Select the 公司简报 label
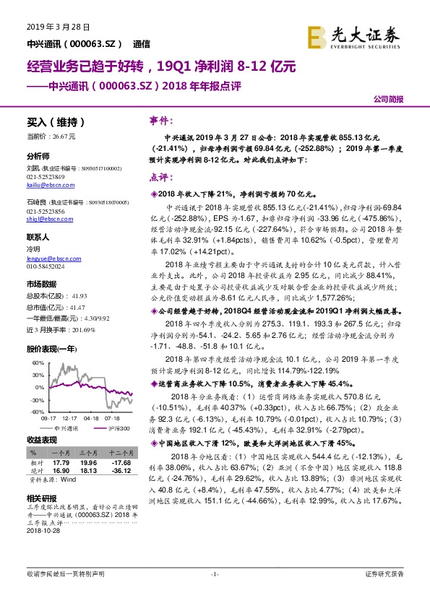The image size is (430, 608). (x=388, y=99)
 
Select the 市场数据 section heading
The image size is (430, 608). (x=42, y=284)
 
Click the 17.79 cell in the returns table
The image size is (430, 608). (x=61, y=462)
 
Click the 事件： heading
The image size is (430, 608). (x=160, y=121)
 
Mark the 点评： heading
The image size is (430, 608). (x=160, y=177)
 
